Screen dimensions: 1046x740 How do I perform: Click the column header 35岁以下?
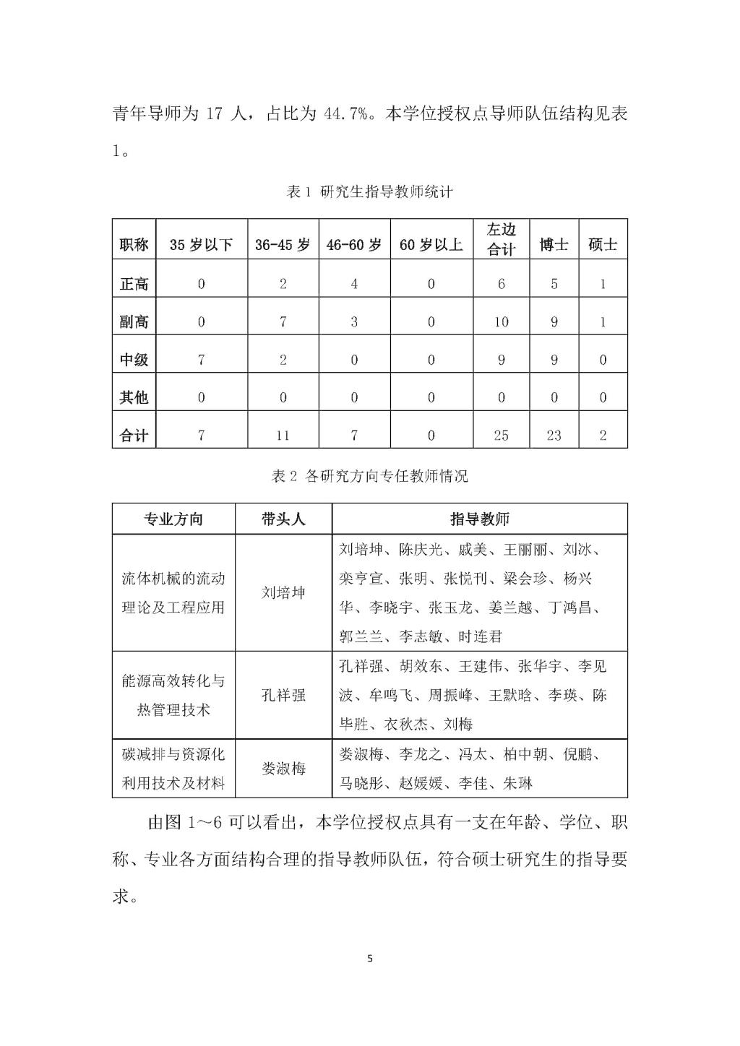point(201,245)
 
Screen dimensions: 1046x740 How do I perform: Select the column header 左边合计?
point(501,240)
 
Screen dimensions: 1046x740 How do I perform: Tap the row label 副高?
point(134,322)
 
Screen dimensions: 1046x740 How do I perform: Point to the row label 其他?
point(134,397)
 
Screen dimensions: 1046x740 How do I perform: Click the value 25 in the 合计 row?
point(501,435)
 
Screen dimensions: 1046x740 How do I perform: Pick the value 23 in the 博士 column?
point(554,435)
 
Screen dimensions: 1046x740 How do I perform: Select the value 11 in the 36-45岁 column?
point(283,435)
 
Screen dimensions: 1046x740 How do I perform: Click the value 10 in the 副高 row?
point(501,322)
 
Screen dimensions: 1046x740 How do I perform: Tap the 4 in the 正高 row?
point(354,285)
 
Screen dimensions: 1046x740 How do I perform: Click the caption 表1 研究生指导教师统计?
point(370,192)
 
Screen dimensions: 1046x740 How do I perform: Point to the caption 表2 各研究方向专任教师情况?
point(369,476)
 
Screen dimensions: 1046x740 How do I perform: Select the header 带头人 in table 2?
point(283,519)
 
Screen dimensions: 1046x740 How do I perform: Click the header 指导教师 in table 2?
point(480,519)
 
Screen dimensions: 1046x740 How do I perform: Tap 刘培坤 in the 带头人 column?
point(283,593)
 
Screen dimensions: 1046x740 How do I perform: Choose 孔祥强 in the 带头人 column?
point(283,695)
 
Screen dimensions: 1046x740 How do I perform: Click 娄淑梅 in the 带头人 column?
point(283,769)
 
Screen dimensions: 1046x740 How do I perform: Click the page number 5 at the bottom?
point(370,959)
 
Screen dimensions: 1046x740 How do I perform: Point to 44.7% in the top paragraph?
point(343,114)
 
